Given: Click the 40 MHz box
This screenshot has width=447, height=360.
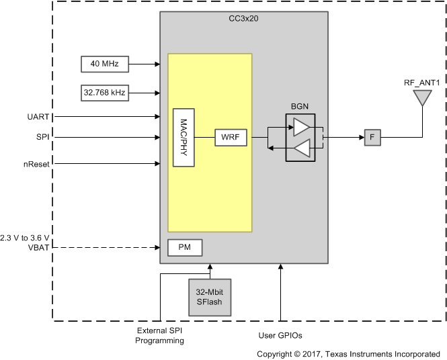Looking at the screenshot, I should (104, 64).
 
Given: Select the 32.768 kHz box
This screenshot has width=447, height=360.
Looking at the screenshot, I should (104, 93).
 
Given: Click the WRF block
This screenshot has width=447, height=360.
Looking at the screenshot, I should (231, 138).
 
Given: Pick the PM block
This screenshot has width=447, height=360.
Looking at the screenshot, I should (185, 248).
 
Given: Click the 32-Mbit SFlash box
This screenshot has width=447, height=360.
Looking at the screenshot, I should (208, 296).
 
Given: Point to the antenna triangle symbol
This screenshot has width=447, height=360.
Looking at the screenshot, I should (421, 98).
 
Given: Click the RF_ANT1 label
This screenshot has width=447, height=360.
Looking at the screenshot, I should (421, 83).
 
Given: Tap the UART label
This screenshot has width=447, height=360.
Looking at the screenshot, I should (38, 116).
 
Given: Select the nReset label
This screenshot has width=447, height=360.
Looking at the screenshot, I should (35, 163).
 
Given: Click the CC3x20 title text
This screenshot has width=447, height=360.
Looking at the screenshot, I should (243, 19).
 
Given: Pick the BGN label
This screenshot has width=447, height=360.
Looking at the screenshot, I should (300, 107).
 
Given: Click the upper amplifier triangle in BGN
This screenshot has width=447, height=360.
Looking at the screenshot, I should (302, 128).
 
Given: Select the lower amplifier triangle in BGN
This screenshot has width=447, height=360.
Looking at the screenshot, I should (302, 148).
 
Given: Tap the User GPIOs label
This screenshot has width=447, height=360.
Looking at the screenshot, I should (280, 334).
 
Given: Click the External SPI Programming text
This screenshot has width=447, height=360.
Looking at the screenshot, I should (160, 336).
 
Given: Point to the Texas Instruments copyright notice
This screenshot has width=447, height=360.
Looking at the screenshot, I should (348, 353).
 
